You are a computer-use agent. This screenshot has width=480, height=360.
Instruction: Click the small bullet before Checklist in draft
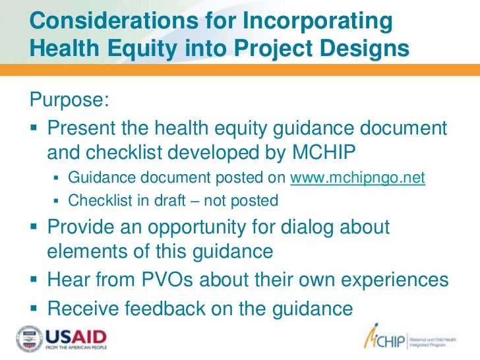(57, 200)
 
